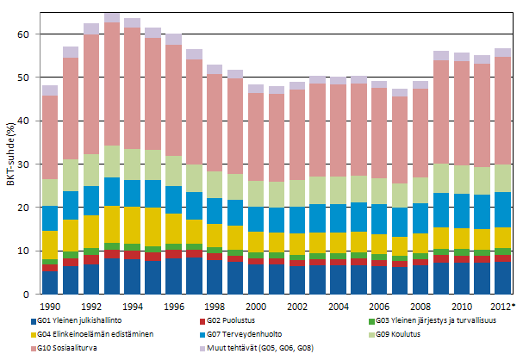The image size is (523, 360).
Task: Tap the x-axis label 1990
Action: click(x=50, y=306)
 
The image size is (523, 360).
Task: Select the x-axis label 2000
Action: click(x=256, y=306)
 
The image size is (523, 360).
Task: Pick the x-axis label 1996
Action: click(x=173, y=306)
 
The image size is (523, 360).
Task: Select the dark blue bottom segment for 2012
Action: click(x=502, y=277)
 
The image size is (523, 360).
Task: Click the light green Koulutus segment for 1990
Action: click(x=50, y=192)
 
